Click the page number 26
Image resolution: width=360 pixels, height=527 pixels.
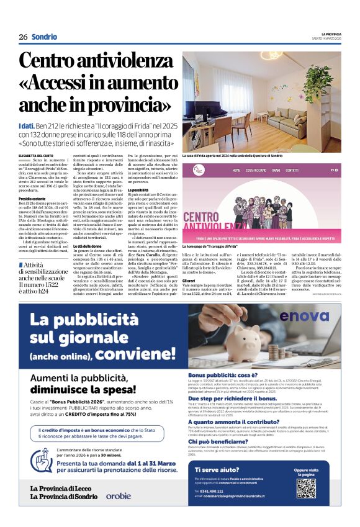coord(23,37)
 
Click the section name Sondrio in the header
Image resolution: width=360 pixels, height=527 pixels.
coord(45,37)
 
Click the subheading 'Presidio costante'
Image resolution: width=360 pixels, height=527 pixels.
coord(33,199)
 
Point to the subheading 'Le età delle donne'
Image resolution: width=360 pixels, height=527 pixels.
coord(93,246)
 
